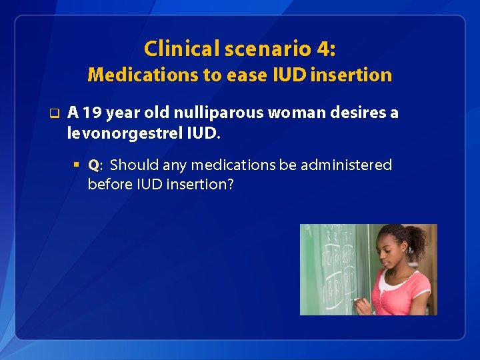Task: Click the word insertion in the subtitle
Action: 357,75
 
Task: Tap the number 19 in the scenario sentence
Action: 89,113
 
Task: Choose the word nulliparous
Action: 211,113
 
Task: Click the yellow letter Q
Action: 93,165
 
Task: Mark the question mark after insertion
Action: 231,184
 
